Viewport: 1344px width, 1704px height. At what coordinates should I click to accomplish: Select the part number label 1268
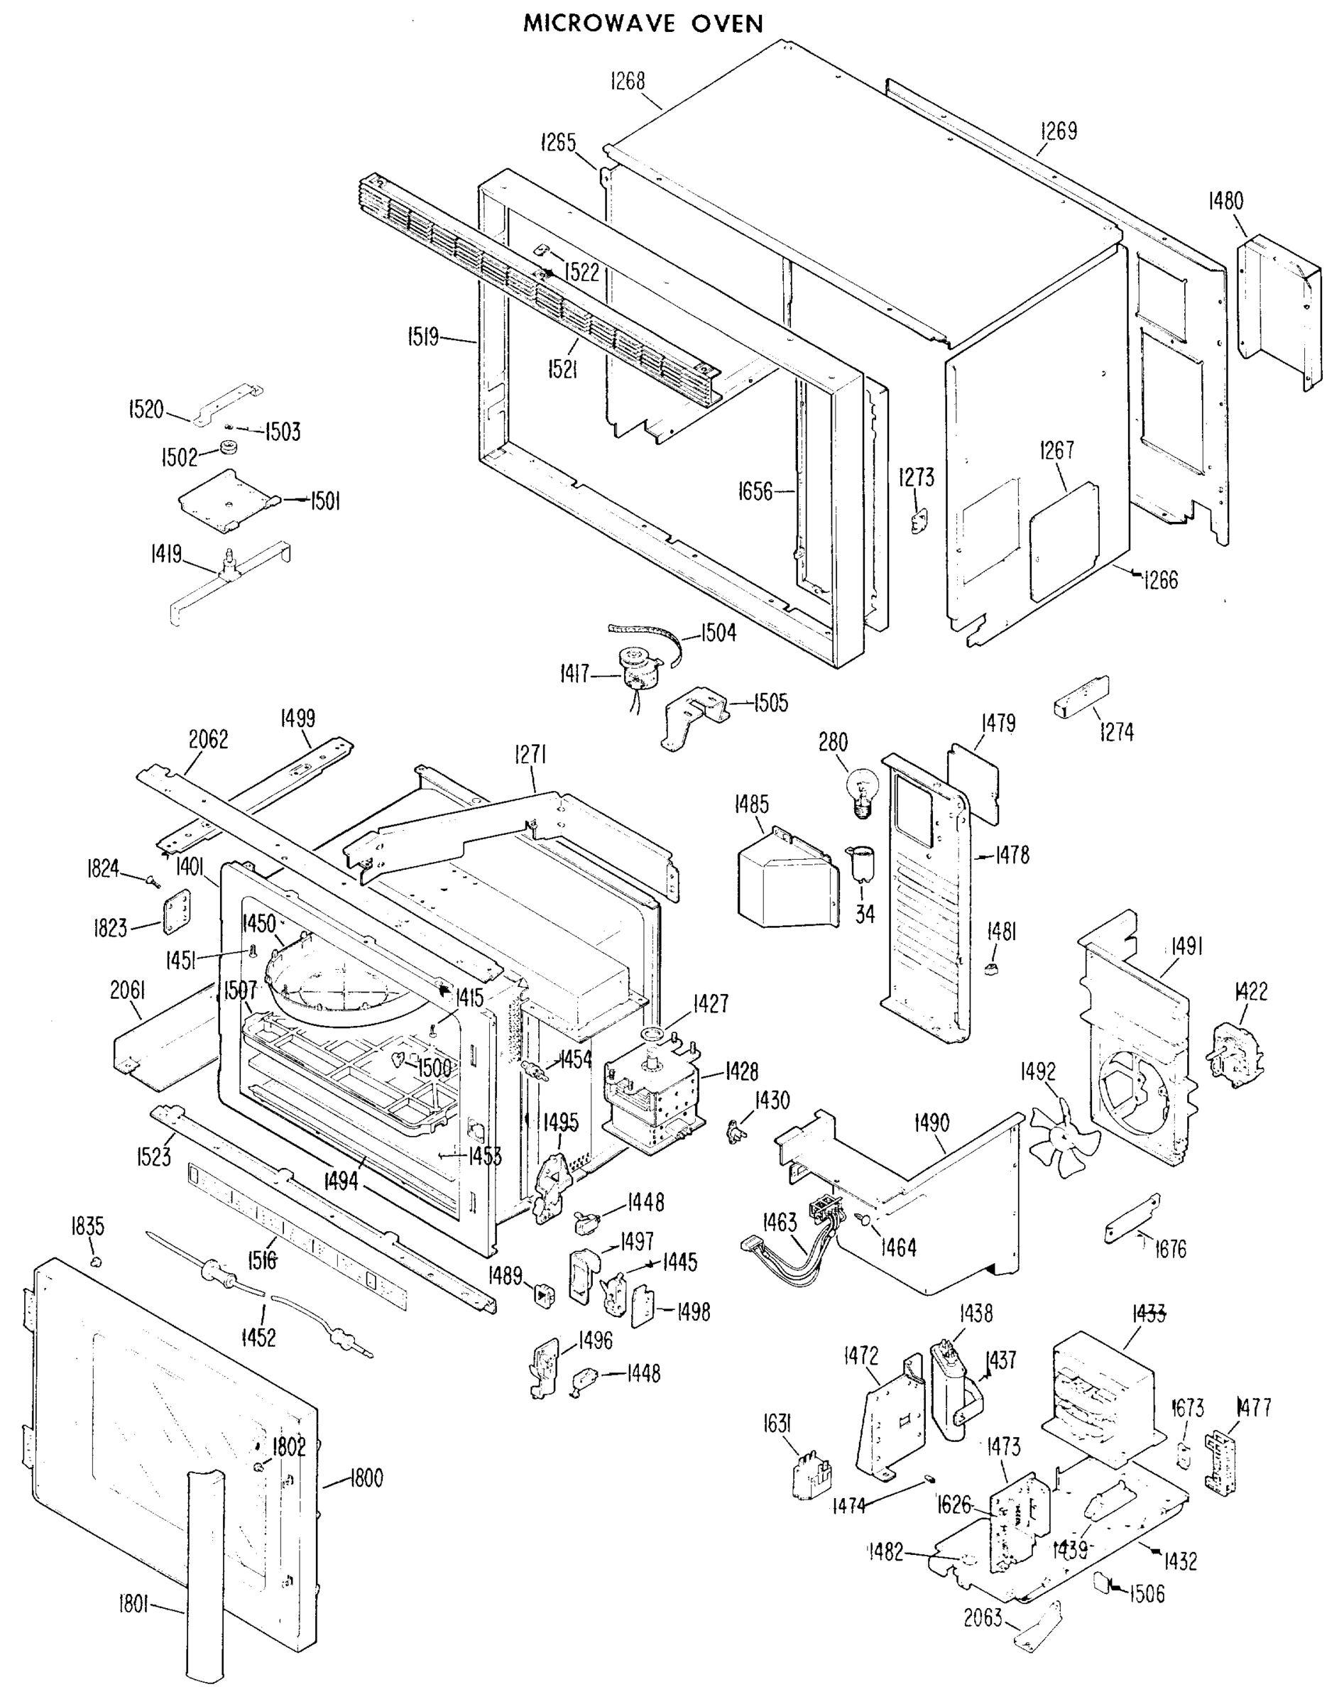[x=628, y=81]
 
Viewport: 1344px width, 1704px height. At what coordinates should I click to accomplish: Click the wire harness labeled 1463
[x=794, y=1245]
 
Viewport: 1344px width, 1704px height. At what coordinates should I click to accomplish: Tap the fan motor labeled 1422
[x=1237, y=1054]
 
